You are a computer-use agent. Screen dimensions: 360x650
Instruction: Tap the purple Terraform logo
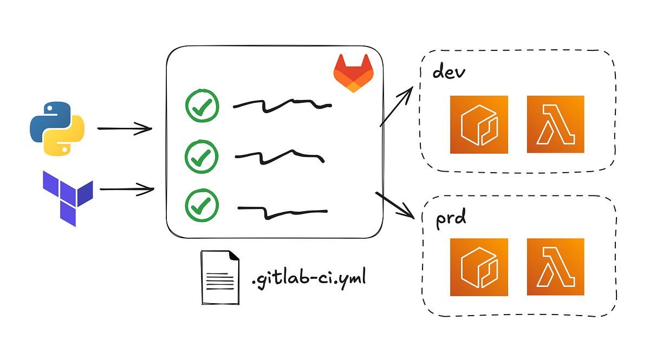tap(68, 197)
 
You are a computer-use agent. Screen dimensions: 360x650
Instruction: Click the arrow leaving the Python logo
tap(124, 129)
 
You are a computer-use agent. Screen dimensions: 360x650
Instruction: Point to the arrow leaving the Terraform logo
tap(127, 189)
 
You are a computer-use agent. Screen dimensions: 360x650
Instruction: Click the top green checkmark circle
tap(202, 106)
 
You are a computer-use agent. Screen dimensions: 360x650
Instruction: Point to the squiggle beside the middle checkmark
tap(279, 156)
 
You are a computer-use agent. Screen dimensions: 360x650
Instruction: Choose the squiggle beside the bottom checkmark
tap(282, 212)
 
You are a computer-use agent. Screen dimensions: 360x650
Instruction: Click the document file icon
tap(220, 277)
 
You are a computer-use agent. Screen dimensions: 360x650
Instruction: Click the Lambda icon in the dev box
tap(556, 124)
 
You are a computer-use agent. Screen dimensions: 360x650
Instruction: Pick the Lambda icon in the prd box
tap(556, 267)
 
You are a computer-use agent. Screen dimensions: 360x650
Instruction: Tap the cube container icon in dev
tap(479, 124)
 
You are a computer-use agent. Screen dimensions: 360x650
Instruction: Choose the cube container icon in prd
tap(479, 267)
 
